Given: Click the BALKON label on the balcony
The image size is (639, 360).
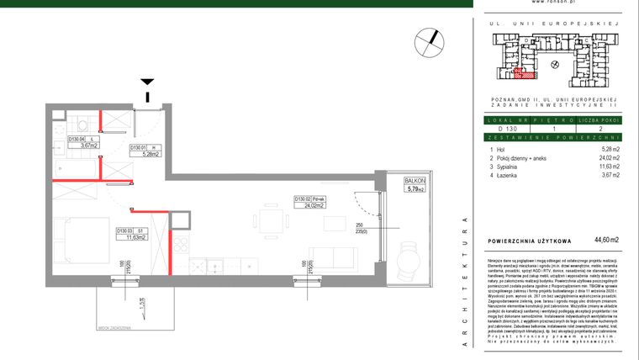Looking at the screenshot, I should [415, 181].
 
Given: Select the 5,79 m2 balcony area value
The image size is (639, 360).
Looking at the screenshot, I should [415, 189].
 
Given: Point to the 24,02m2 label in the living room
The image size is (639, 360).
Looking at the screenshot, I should [305, 204].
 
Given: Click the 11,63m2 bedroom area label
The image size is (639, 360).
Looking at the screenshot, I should [130, 237].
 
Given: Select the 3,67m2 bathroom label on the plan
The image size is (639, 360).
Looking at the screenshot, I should [83, 146].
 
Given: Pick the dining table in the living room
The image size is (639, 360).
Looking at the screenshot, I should [272, 222].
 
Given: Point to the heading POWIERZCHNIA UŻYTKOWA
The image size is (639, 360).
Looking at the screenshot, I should [530, 240].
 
